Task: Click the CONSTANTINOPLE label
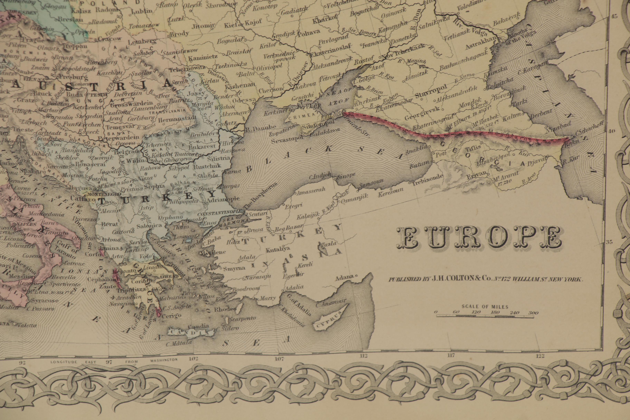coord(220,214)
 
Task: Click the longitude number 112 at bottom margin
coord(363,356)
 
